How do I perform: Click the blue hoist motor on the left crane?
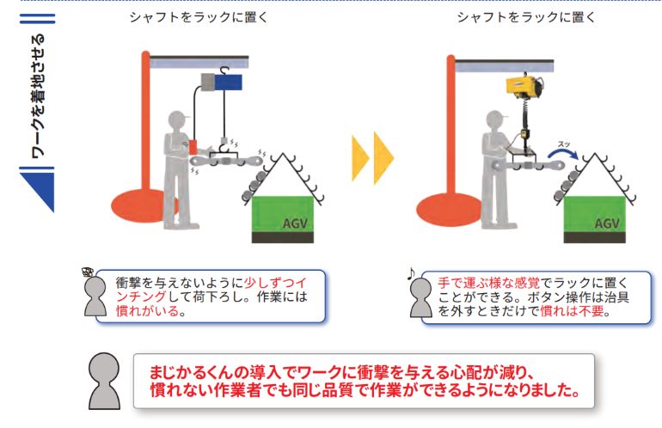(x=229, y=82)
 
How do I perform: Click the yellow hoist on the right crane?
(x=524, y=86)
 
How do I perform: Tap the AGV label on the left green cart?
(x=295, y=223)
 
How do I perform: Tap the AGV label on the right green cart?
(x=607, y=223)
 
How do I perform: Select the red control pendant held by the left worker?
(x=193, y=147)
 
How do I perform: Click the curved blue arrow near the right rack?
(x=563, y=154)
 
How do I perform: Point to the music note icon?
(x=411, y=274)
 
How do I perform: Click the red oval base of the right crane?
(x=449, y=210)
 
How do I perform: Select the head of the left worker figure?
(x=177, y=119)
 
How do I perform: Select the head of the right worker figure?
(x=495, y=119)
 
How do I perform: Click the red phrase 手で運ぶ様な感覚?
(x=489, y=283)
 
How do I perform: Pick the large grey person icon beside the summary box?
(x=104, y=381)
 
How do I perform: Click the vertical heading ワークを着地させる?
(x=38, y=95)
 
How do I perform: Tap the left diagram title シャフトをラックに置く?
(x=199, y=17)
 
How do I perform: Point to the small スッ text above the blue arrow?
(x=564, y=144)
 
